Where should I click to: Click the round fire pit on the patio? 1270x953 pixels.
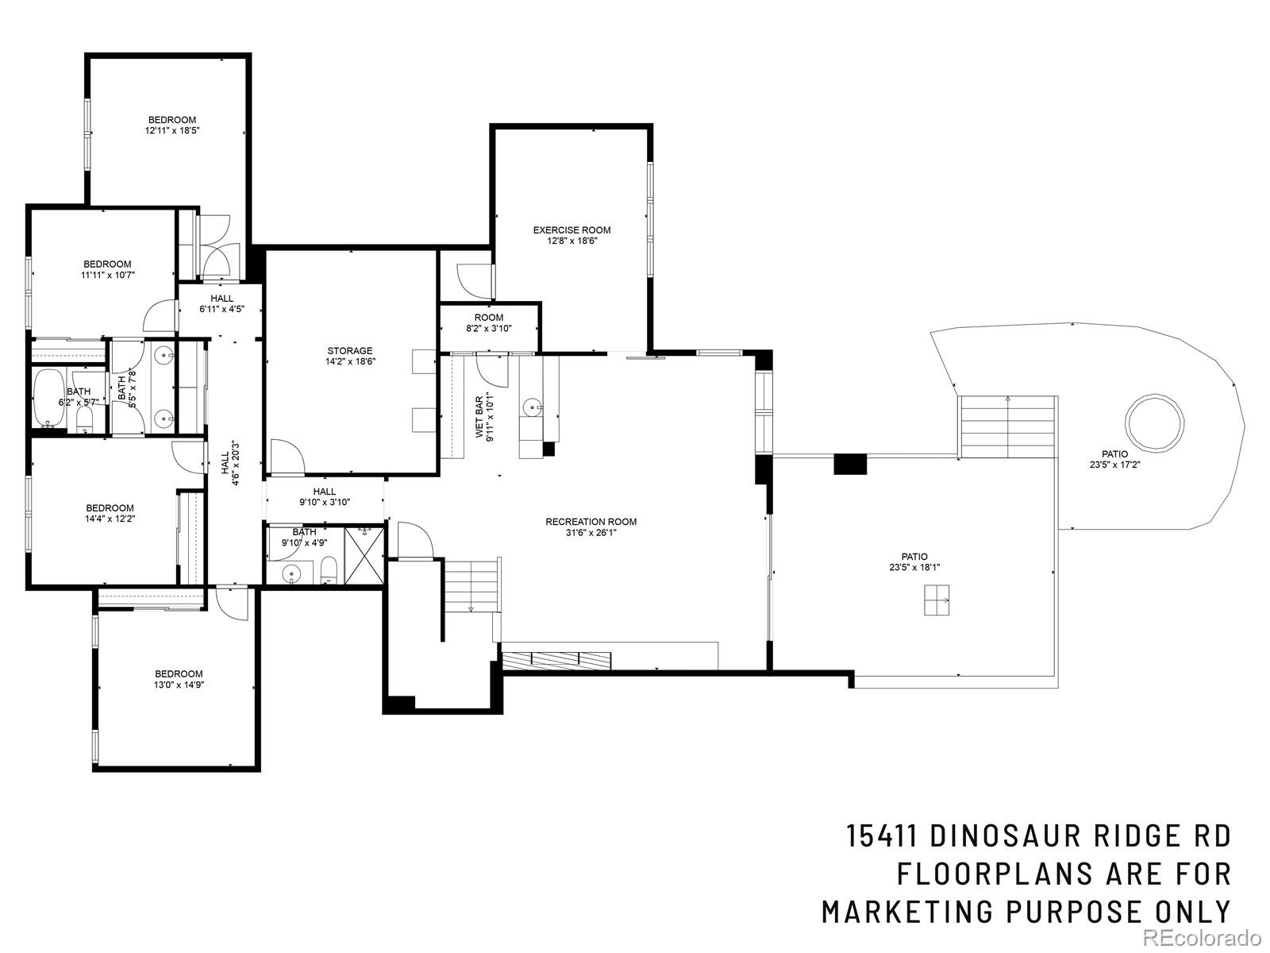1154,421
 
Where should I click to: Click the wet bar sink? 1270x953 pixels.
532,408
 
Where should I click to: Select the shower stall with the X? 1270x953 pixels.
364,555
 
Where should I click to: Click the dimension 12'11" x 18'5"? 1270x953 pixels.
172,131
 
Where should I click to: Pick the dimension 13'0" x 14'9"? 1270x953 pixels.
179,685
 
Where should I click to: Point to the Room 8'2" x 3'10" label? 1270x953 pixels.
489,323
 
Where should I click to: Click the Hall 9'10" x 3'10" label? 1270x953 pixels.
325,497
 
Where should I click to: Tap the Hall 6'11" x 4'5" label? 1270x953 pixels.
222,304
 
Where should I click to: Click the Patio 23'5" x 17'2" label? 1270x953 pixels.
1115,459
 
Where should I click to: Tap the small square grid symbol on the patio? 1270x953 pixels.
936,600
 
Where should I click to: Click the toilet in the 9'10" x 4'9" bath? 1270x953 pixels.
329,570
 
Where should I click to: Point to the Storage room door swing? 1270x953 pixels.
287,457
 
